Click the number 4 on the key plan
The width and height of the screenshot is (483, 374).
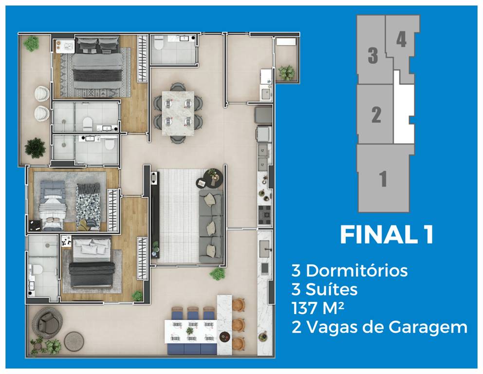coord(401,39)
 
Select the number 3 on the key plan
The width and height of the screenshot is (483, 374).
coord(372,56)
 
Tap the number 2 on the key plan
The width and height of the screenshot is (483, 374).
coord(376,115)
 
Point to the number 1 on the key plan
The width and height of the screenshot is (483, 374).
coord(383,179)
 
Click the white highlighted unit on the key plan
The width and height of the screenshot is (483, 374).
coord(403,112)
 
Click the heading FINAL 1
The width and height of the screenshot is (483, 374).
coord(386,235)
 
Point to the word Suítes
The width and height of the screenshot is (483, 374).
coord(332,290)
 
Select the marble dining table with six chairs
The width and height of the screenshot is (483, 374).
coord(178,112)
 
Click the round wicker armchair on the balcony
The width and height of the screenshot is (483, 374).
coord(47,321)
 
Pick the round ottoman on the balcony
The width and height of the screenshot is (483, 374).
coord(74,339)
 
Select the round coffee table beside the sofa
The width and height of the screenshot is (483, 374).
coord(204,183)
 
